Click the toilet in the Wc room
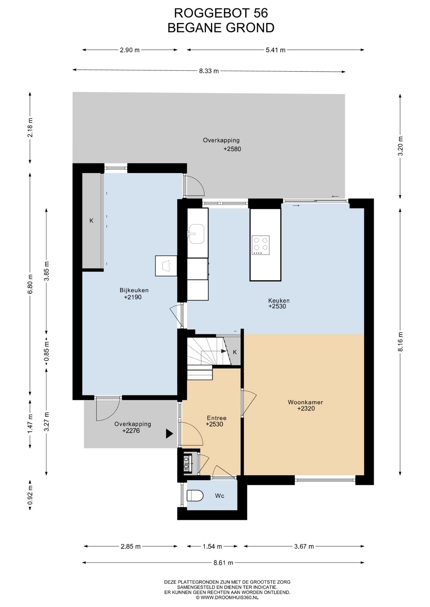(x=195, y=495)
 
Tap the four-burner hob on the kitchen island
(x=261, y=245)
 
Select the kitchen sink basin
(x=197, y=234)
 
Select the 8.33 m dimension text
(x=209, y=71)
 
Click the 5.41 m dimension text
(x=275, y=50)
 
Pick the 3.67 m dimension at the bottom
(x=304, y=546)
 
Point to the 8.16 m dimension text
(x=401, y=341)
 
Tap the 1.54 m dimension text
(x=212, y=546)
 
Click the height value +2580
(x=232, y=149)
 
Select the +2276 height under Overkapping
(x=131, y=431)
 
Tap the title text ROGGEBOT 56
(x=221, y=13)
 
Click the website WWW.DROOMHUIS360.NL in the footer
(x=227, y=598)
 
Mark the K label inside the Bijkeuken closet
(x=92, y=221)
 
